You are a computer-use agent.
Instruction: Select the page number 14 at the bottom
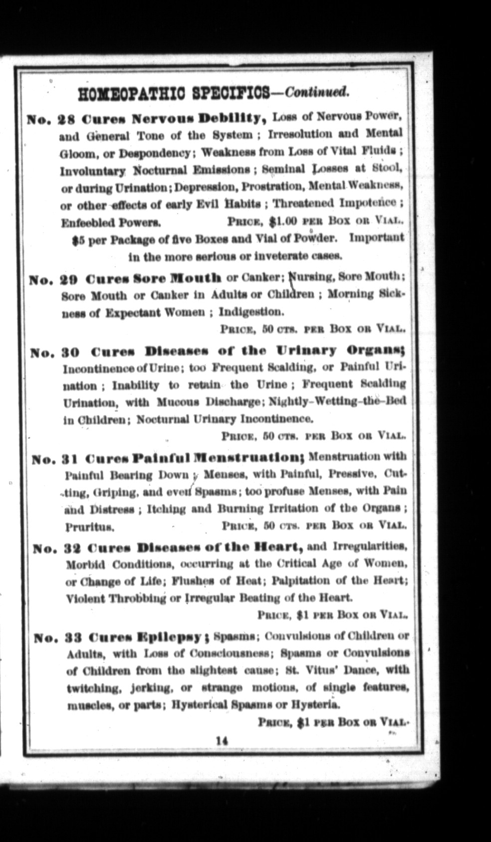[222, 741]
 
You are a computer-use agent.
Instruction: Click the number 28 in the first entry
[66, 120]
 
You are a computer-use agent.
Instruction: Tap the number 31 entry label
[69, 458]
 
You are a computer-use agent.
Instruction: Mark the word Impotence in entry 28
[368, 203]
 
